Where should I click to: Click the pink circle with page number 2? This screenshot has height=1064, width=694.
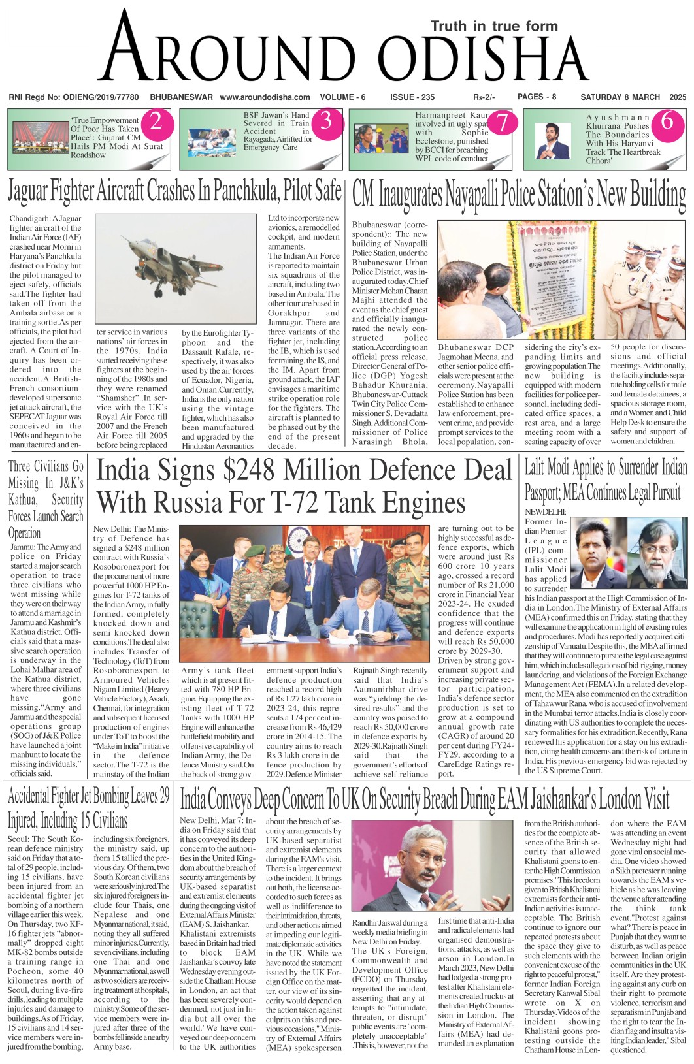[x=156, y=122]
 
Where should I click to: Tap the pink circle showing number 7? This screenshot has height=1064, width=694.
[x=502, y=122]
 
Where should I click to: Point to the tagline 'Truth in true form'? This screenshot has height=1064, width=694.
[x=494, y=26]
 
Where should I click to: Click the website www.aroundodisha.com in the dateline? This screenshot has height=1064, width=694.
[x=265, y=97]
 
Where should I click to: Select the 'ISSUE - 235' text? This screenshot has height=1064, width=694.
[x=412, y=97]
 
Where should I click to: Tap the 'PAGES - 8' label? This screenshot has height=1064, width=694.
[x=537, y=97]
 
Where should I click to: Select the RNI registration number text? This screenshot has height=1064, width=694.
[x=73, y=97]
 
